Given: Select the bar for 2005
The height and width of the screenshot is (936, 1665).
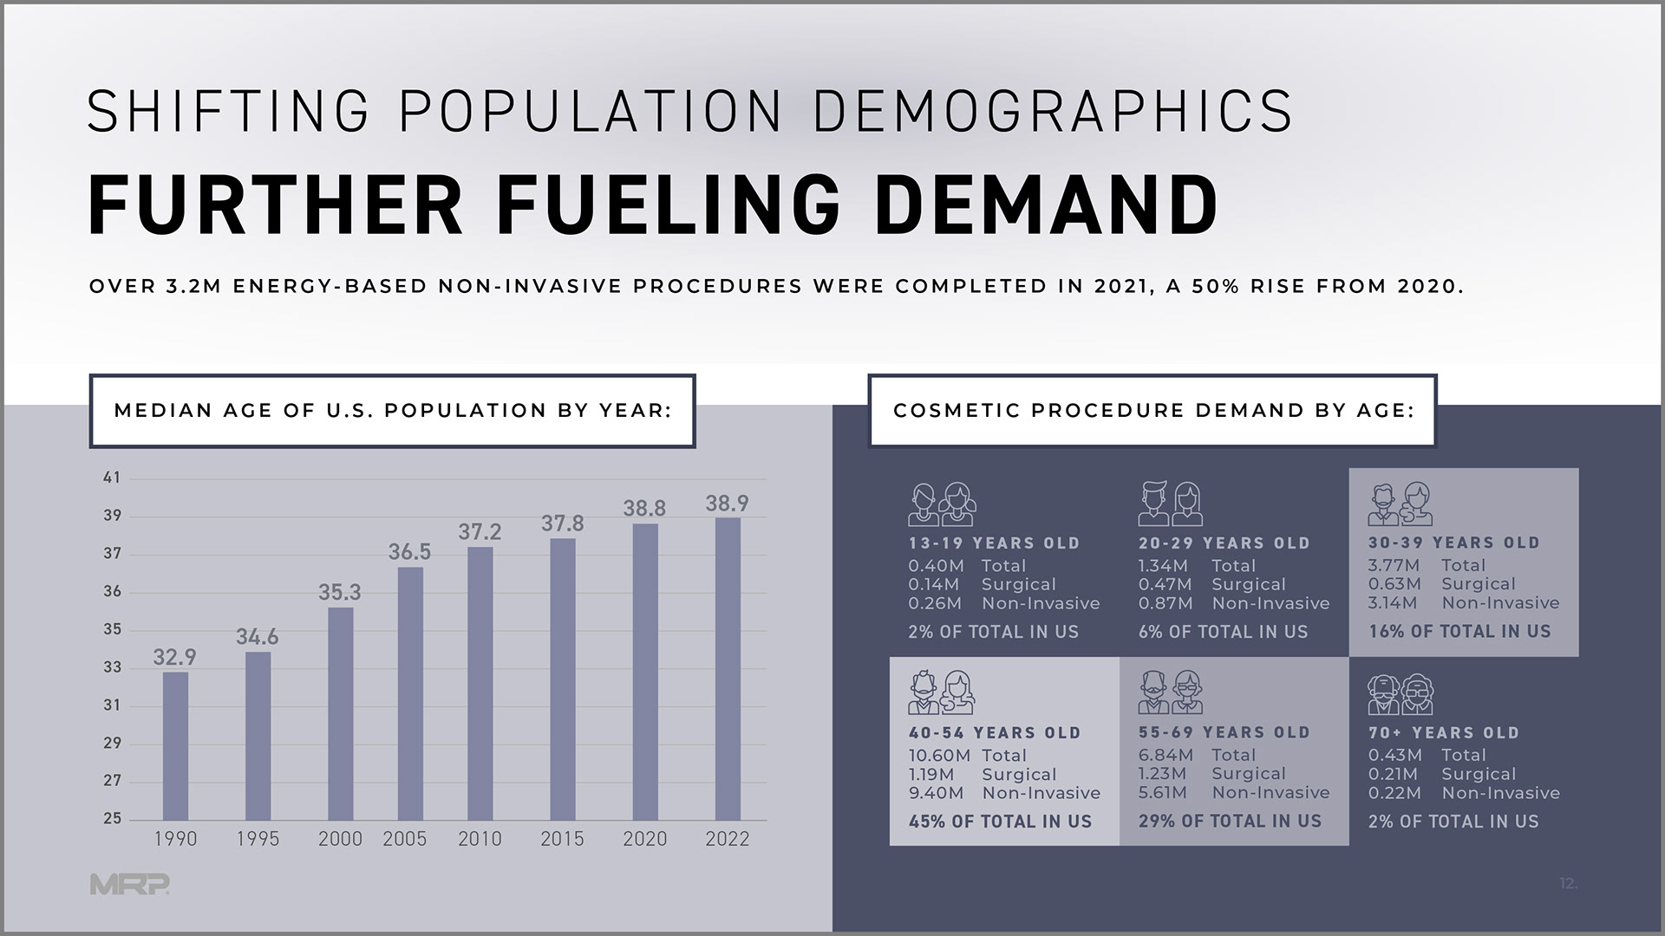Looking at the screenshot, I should click(x=410, y=693).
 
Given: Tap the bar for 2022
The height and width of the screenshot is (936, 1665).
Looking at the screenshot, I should click(x=728, y=668).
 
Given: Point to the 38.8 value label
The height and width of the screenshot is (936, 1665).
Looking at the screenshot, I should click(x=644, y=509).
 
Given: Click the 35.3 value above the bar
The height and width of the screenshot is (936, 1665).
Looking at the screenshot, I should click(x=339, y=592).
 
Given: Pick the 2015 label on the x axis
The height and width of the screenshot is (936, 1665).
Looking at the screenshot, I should click(x=562, y=839).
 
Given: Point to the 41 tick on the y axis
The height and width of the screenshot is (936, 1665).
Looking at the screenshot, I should click(x=112, y=478).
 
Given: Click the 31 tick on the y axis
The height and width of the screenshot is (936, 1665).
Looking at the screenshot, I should click(x=112, y=705).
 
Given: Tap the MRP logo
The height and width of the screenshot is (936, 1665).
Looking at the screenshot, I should click(x=129, y=884).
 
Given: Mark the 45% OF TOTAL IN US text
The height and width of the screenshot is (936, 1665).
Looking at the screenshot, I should click(x=1000, y=822).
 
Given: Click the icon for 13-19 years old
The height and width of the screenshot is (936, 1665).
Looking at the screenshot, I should click(x=942, y=504).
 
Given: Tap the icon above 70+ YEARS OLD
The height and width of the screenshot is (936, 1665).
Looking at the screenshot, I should click(x=1401, y=694).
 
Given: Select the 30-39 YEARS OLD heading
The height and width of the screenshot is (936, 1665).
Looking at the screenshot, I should click(x=1453, y=543).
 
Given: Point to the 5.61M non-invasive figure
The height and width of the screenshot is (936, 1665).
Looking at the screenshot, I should click(x=1162, y=793).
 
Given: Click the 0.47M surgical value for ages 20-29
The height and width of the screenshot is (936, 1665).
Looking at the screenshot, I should click(x=1165, y=585).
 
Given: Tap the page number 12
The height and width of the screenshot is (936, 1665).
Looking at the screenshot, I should click(x=1568, y=884).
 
